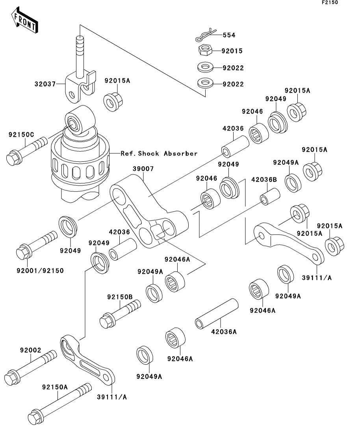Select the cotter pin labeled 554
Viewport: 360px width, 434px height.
(206, 35)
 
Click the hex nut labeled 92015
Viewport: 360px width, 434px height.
(205, 51)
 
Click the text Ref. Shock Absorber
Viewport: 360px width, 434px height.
(159, 153)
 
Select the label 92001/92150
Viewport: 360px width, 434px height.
(40, 270)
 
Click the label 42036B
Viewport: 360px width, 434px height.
(264, 180)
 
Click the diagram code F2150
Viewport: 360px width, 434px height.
(330, 2)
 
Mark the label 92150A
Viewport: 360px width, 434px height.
(55, 387)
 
